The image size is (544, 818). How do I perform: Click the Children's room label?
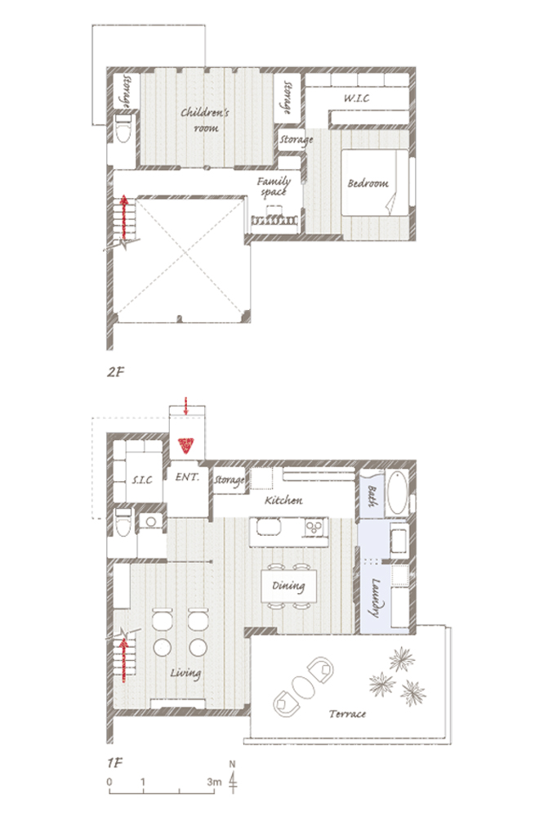[205, 119]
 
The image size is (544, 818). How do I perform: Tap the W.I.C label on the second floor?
[356, 98]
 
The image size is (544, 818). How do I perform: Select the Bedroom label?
[368, 183]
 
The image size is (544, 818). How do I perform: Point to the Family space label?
[274, 187]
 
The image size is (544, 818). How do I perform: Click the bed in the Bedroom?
[375, 182]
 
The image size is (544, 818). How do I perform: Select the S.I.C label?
[142, 479]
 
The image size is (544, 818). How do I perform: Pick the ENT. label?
[187, 477]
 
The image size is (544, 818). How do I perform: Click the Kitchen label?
[283, 501]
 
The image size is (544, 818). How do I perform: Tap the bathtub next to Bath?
[398, 492]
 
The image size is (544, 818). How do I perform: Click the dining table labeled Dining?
[288, 586]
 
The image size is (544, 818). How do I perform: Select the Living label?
[185, 673]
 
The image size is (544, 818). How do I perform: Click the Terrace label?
[347, 713]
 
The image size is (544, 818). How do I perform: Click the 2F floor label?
[116, 372]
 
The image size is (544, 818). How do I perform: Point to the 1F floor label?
[114, 762]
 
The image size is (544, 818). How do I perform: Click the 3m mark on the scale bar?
[214, 782]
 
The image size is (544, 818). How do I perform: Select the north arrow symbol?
[233, 777]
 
